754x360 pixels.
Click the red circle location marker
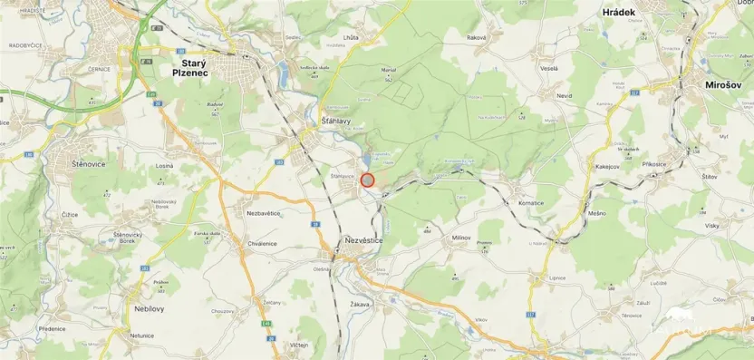coord(367,180)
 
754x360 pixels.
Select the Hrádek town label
coord(620,13)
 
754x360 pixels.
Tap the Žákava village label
coord(360,305)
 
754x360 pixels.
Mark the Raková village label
coord(477,37)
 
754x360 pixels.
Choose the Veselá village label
coord(548,68)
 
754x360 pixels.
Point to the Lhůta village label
coord(351,37)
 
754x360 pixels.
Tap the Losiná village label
coord(164,166)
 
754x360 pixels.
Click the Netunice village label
coord(141,336)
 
